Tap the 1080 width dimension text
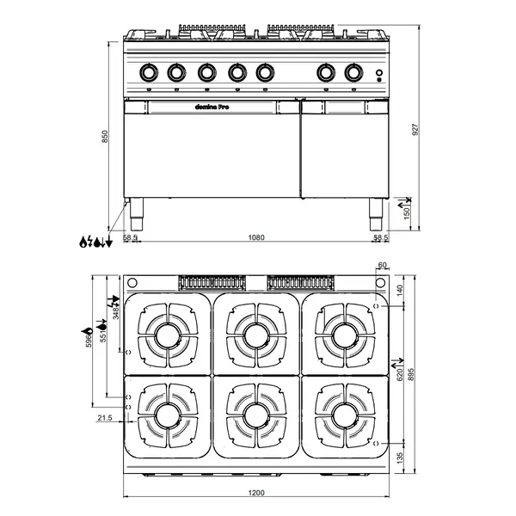(x=255, y=236)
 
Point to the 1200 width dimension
(x=255, y=494)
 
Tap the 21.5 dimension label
(x=105, y=418)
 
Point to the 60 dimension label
(x=383, y=266)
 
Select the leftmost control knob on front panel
(x=150, y=73)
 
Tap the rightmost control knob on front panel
(x=353, y=73)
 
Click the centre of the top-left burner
(x=168, y=332)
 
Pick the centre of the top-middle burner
(x=255, y=332)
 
